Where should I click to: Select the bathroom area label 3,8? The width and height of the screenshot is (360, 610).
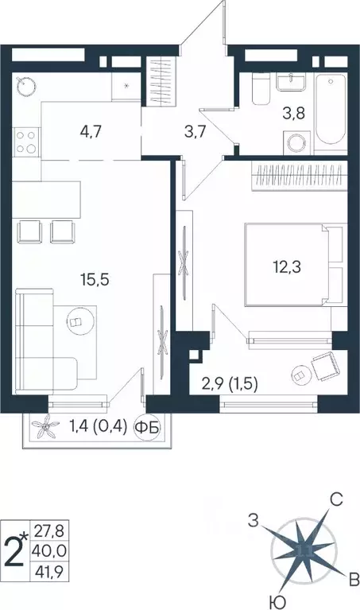(x=295, y=111)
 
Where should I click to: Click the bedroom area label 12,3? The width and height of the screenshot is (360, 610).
(x=283, y=268)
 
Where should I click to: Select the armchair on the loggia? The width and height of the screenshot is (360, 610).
(x=323, y=366)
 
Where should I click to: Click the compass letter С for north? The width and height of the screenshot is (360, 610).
(x=336, y=500)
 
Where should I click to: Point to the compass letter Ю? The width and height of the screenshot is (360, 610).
(x=273, y=600)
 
